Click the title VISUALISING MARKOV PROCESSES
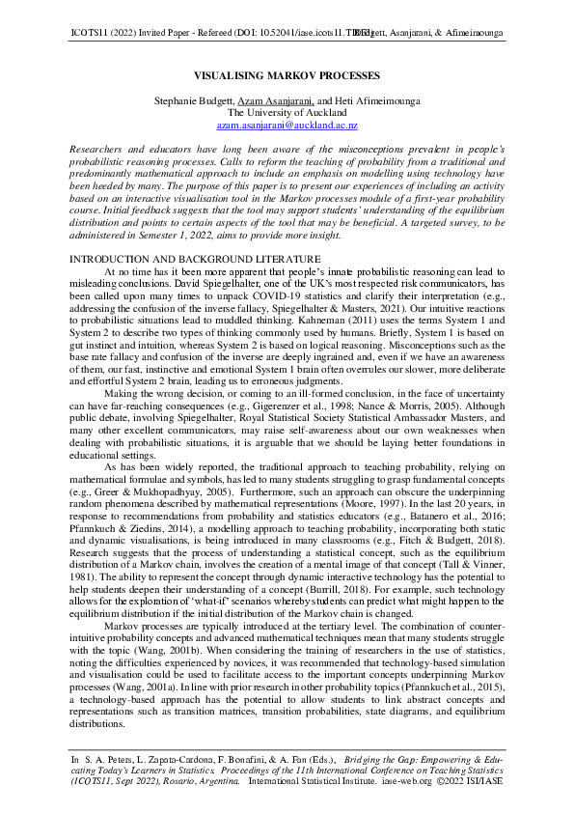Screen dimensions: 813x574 (x=287, y=75)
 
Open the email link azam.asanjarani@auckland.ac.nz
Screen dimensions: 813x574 (x=287, y=126)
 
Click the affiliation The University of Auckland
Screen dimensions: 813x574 (x=287, y=112)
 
